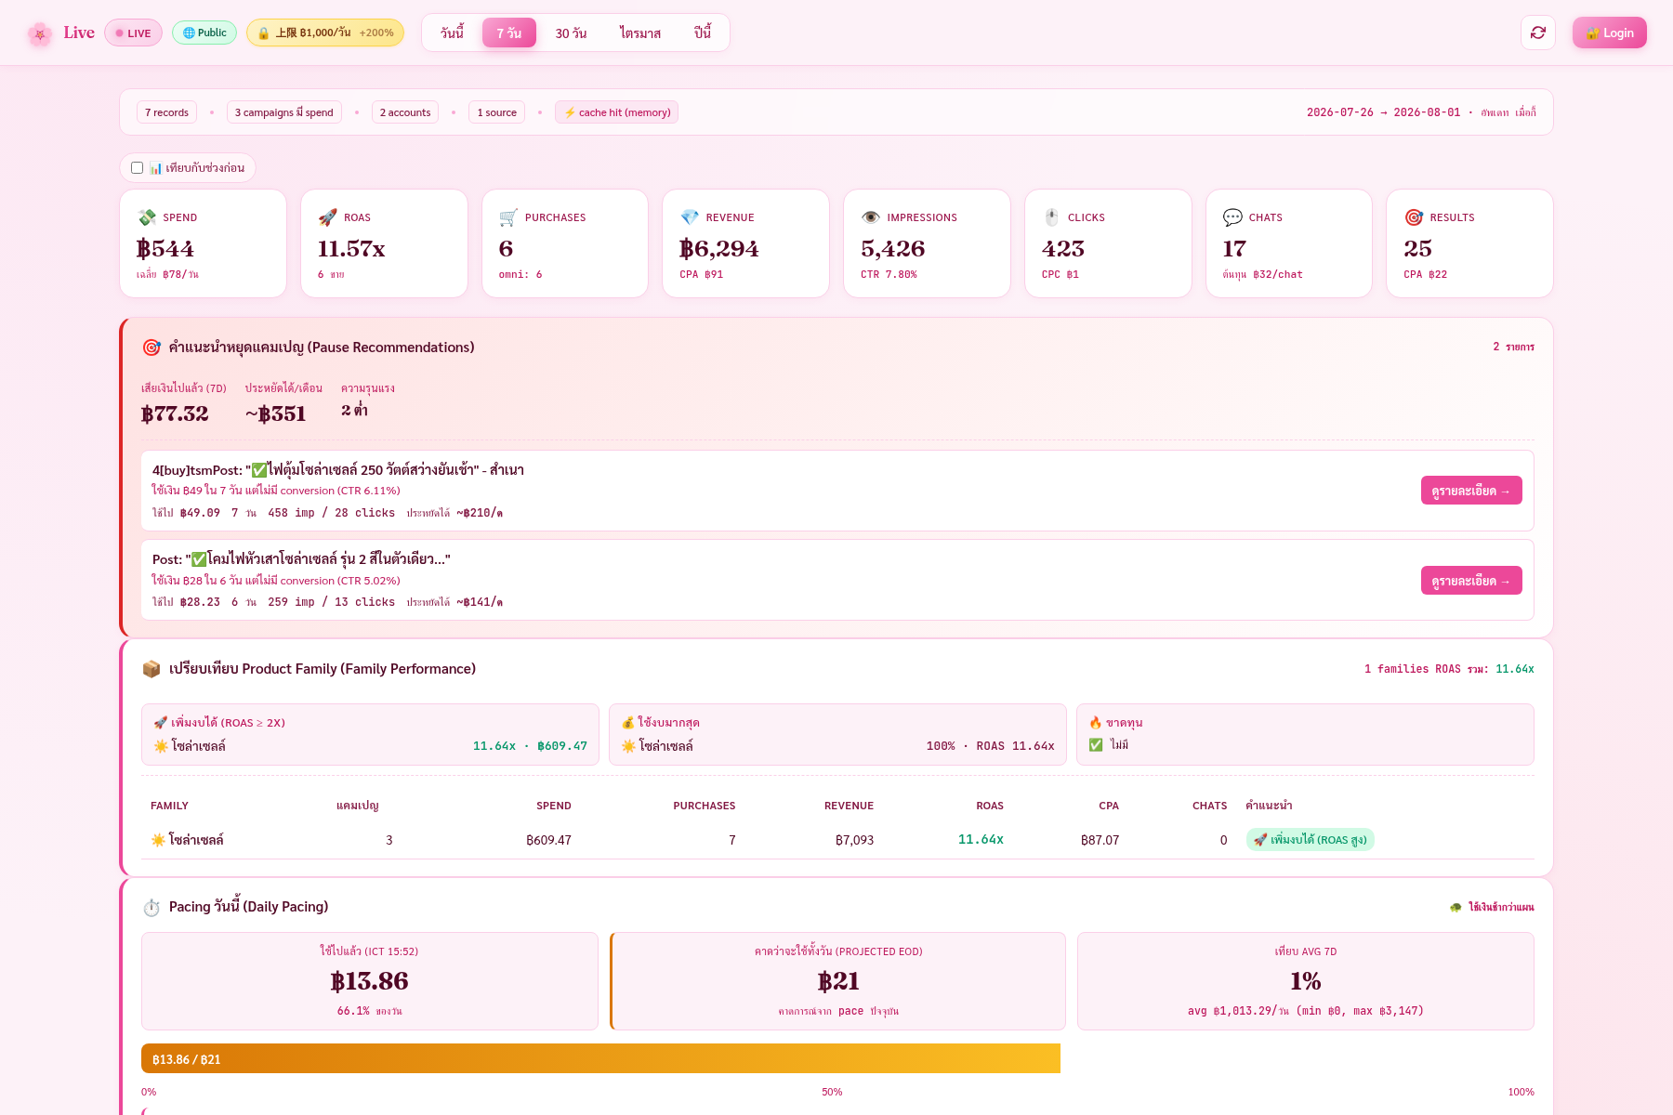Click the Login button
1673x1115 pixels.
[1609, 33]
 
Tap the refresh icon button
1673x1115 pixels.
[1538, 33]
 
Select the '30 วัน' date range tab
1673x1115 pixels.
[571, 33]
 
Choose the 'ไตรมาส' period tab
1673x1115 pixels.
[640, 33]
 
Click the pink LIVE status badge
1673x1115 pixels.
[133, 33]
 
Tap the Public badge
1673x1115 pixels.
[204, 33]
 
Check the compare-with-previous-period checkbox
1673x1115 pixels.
[138, 168]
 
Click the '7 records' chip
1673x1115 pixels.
[167, 112]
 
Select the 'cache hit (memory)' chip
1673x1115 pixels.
[617, 112]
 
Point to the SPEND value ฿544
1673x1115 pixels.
[165, 248]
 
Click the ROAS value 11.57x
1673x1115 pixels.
[351, 248]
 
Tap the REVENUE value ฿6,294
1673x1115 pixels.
[719, 248]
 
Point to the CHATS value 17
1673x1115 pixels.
[1234, 248]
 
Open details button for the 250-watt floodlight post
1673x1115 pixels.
[1471, 491]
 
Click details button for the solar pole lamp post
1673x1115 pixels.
[1471, 581]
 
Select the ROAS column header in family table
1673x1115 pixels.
[990, 806]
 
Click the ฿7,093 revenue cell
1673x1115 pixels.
[854, 840]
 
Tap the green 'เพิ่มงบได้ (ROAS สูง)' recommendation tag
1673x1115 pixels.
[1311, 840]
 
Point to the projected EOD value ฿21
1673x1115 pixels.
[838, 981]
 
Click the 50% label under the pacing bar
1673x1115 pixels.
[832, 1092]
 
